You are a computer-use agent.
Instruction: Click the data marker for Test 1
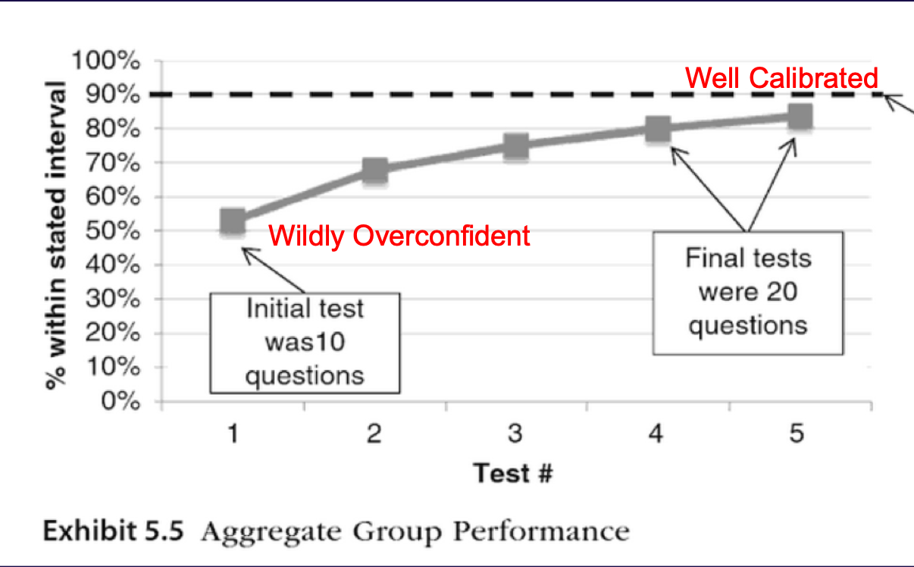tap(233, 222)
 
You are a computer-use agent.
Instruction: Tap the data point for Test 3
tap(516, 146)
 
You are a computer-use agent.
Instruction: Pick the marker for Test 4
tap(658, 129)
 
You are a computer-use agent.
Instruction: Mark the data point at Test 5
tap(800, 117)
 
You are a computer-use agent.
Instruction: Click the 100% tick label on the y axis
tap(107, 61)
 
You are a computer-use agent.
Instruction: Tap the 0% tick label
tap(116, 402)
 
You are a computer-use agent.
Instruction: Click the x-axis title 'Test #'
tap(513, 474)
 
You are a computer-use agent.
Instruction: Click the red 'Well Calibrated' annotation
tap(781, 78)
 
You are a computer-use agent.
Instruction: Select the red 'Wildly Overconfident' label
tap(399, 237)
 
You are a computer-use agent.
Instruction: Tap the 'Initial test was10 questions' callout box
tap(305, 342)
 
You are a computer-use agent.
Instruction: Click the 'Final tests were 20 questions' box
tap(748, 292)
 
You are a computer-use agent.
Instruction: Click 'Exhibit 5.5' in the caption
tap(113, 531)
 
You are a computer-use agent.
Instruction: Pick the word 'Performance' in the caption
tap(541, 531)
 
